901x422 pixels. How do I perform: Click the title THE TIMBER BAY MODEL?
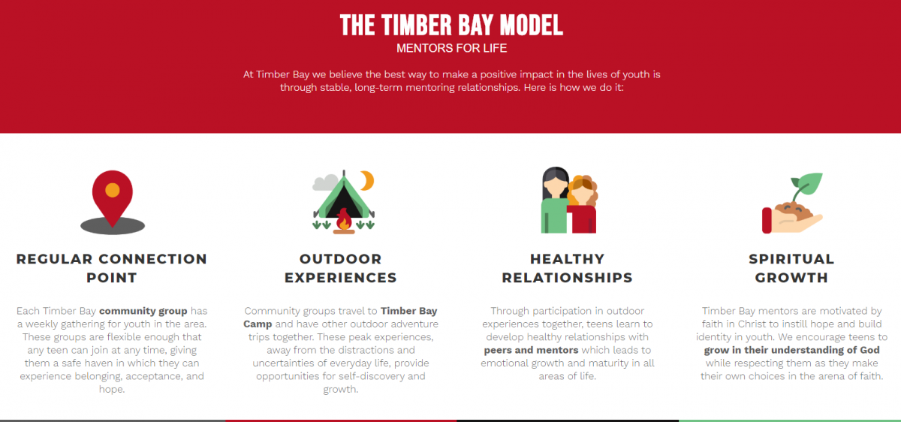pyautogui.click(x=451, y=25)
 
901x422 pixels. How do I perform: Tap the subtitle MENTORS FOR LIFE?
pyautogui.click(x=451, y=48)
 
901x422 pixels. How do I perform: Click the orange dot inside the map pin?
pyautogui.click(x=112, y=190)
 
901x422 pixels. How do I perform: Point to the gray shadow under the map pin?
pyautogui.click(x=113, y=226)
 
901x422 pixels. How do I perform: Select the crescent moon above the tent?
pyautogui.click(x=367, y=180)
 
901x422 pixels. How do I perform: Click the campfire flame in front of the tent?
pyautogui.click(x=344, y=220)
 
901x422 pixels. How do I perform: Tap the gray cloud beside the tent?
pyautogui.click(x=325, y=182)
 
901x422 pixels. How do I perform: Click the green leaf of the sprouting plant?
pyautogui.click(x=809, y=183)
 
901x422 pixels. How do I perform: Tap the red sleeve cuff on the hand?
pyautogui.click(x=767, y=221)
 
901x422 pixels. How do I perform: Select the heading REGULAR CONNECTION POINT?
pyautogui.click(x=112, y=268)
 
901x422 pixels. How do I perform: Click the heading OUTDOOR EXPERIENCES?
pyautogui.click(x=341, y=268)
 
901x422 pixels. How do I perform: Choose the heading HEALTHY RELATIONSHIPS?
pyautogui.click(x=567, y=268)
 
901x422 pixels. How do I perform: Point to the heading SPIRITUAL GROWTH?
pyautogui.click(x=791, y=268)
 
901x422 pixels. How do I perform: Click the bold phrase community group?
pyautogui.click(x=143, y=311)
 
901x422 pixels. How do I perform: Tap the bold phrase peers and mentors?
pyautogui.click(x=531, y=350)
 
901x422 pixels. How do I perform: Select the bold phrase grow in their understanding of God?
pyautogui.click(x=791, y=350)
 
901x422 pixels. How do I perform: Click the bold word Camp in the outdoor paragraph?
pyautogui.click(x=258, y=324)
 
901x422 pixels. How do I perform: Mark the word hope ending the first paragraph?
pyautogui.click(x=111, y=390)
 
